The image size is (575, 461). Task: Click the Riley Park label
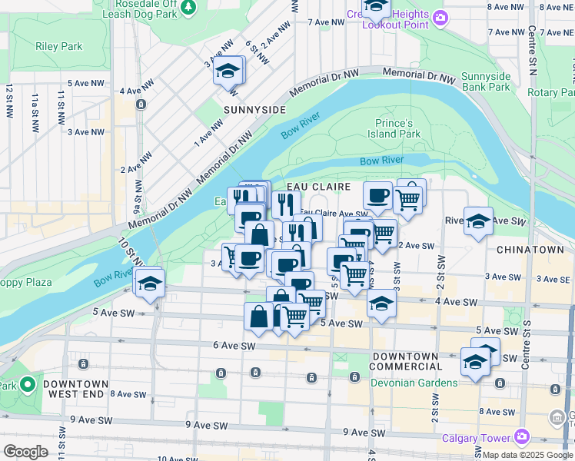click(58, 46)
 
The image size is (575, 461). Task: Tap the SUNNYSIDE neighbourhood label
click(254, 110)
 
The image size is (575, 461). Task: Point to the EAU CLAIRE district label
click(318, 187)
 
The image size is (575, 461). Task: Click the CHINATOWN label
click(530, 250)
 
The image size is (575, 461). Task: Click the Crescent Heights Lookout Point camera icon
click(440, 17)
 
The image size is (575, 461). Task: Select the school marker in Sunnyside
click(227, 71)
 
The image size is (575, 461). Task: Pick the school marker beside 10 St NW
click(148, 282)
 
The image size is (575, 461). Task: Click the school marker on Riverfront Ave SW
click(477, 221)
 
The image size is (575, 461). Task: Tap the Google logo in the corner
click(25, 452)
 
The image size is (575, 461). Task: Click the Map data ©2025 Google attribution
click(528, 455)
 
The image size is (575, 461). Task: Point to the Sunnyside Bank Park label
click(485, 81)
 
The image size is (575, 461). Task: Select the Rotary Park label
click(550, 92)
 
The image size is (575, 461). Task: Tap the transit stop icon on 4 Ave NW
click(141, 104)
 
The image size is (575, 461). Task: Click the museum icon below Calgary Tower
click(557, 418)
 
